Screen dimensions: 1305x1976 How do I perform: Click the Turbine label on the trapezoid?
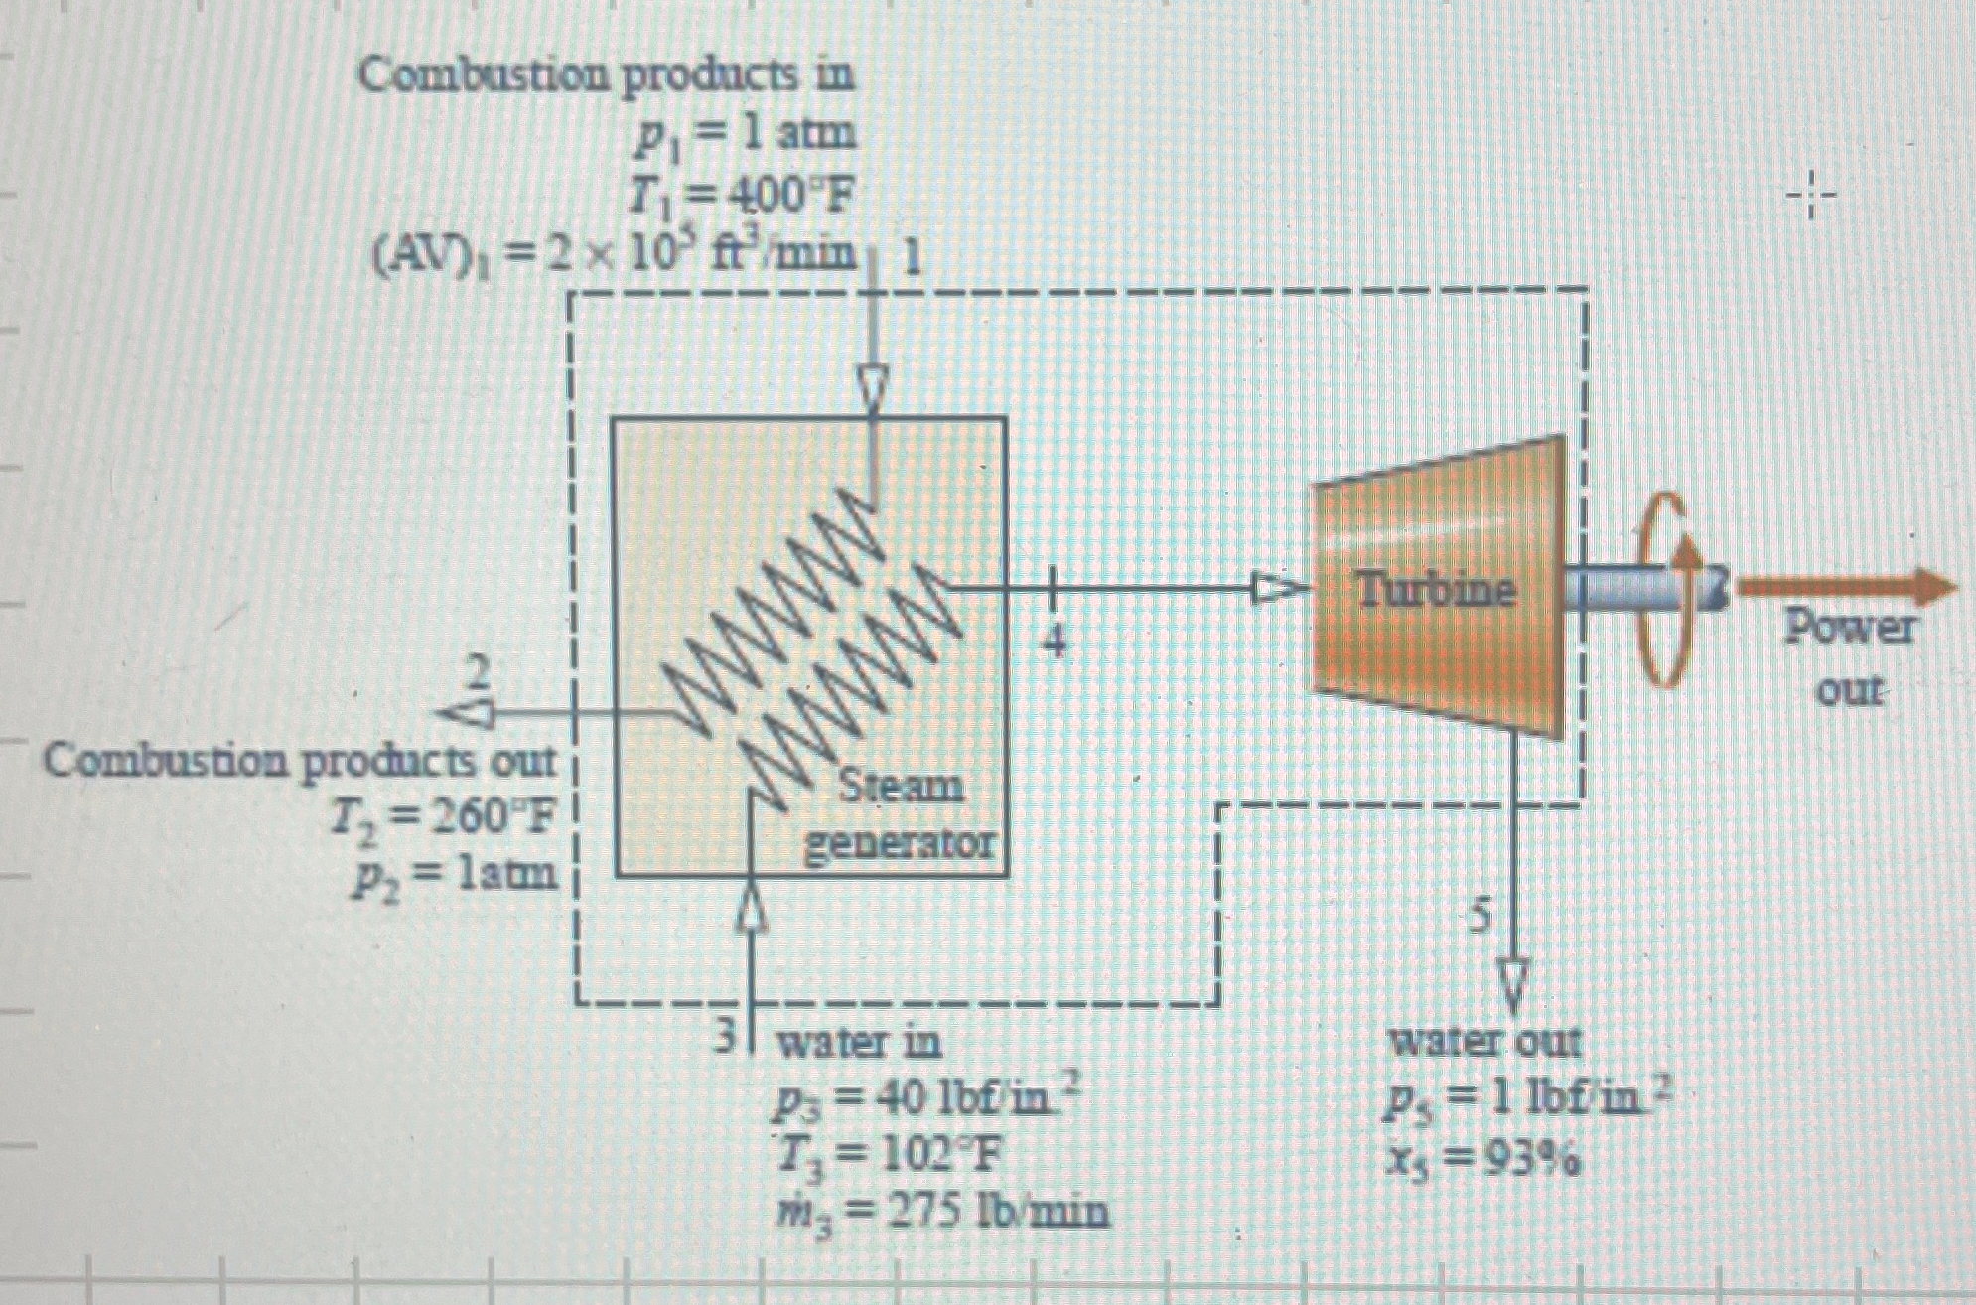click(1437, 592)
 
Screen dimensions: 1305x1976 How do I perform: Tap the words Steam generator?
click(900, 815)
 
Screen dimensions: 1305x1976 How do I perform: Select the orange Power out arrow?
click(1847, 587)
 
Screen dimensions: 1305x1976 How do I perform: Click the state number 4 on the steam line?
click(1055, 642)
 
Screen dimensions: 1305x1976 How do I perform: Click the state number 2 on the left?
click(480, 674)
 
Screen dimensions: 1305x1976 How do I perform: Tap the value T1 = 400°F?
click(741, 200)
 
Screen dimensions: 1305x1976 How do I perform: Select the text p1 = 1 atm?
click(745, 135)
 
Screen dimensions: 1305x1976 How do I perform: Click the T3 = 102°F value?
click(889, 1155)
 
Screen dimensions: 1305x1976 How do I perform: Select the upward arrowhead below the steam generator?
click(753, 907)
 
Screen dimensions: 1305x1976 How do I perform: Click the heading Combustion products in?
click(607, 75)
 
